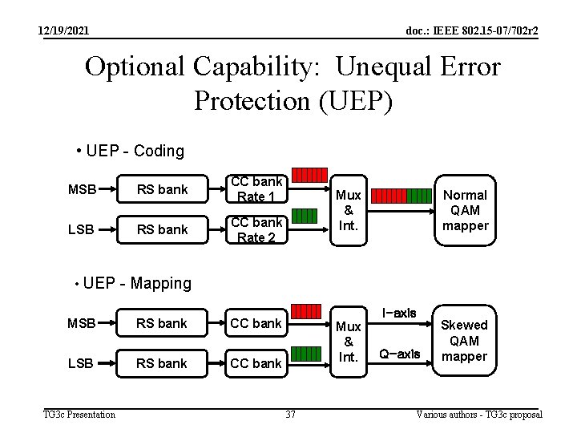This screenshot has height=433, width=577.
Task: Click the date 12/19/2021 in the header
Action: pos(64,30)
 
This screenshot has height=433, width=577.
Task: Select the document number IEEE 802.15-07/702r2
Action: pos(472,30)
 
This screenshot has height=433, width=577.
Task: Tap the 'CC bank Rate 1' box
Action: pos(256,189)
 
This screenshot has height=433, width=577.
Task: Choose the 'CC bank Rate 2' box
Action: pos(256,229)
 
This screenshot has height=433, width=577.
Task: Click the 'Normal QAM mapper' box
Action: pos(465,210)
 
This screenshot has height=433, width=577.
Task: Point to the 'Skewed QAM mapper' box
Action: pos(465,340)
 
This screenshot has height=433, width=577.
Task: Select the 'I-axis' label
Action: pos(399,313)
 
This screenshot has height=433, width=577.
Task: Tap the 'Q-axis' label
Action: pos(399,354)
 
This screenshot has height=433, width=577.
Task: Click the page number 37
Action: pos(291,415)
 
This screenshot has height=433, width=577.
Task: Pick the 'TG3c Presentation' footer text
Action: pos(79,415)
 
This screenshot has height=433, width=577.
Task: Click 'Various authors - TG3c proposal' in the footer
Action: pos(479,415)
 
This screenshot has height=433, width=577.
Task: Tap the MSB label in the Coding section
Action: pos(82,189)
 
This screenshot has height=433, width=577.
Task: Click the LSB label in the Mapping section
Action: pos(81,363)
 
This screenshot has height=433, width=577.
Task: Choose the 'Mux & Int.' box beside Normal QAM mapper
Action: pos(348,210)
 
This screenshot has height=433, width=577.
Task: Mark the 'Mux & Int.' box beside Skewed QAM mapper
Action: pos(348,341)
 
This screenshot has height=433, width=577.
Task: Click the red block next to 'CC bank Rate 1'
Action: pos(309,175)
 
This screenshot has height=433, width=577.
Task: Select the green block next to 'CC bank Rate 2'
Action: pos(303,214)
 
